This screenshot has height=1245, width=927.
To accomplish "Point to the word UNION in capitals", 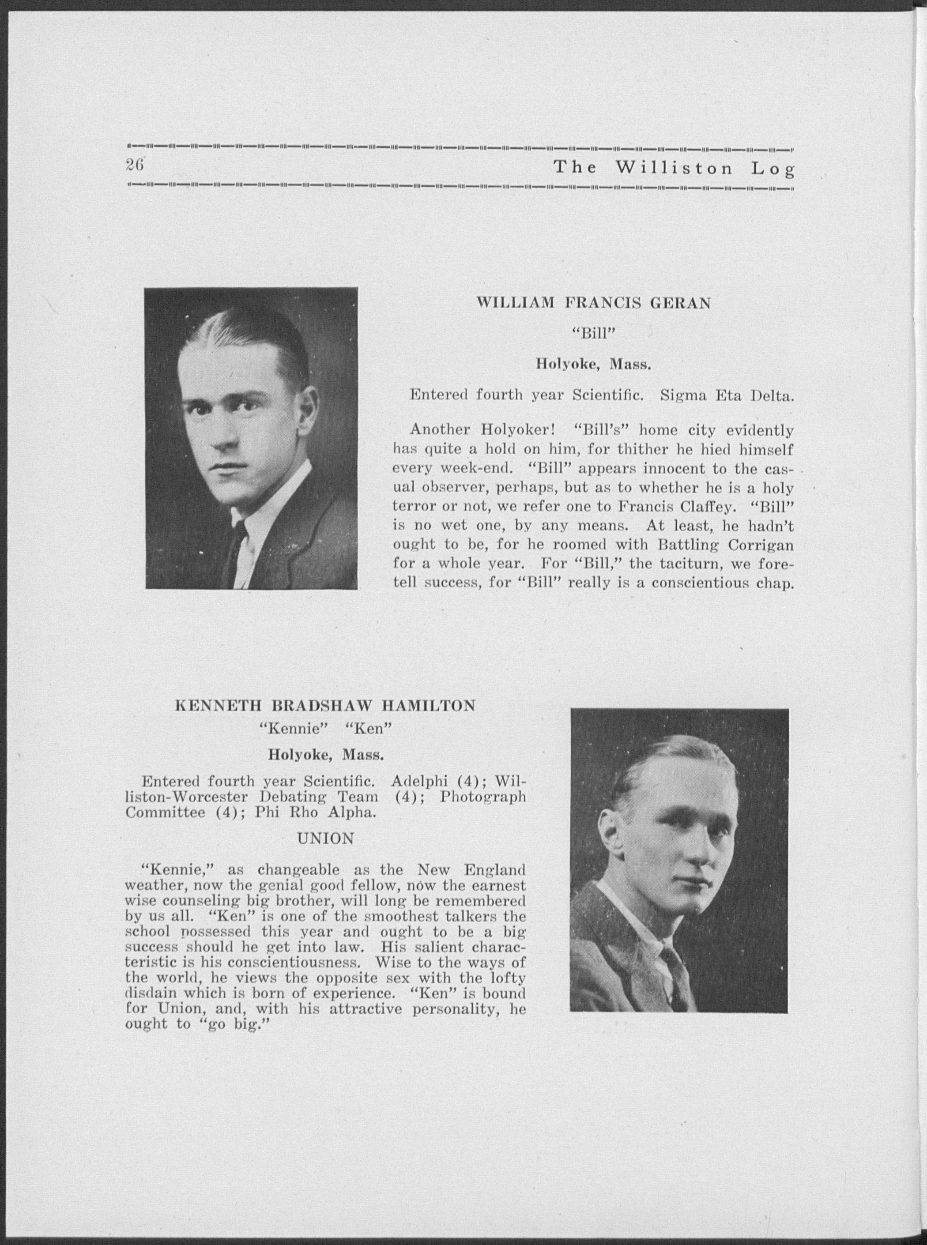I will tap(325, 839).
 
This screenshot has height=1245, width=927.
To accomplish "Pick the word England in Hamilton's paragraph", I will tap(494, 871).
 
